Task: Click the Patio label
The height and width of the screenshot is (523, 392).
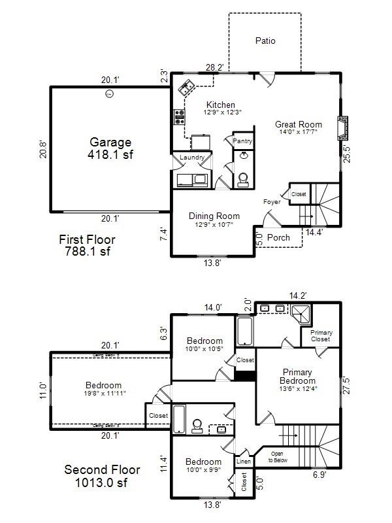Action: (x=265, y=41)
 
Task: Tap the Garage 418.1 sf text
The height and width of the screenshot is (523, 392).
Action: (x=110, y=148)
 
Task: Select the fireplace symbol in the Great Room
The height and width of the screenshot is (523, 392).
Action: (x=343, y=128)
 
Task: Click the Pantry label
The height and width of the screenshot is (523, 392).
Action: (x=242, y=141)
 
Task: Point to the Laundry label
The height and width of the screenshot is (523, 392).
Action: (x=192, y=158)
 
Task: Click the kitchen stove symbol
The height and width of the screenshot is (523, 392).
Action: (x=179, y=117)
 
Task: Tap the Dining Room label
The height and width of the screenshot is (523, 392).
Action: (x=214, y=216)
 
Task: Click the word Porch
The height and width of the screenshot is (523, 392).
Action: (x=279, y=237)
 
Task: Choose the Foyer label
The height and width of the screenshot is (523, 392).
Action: (x=272, y=202)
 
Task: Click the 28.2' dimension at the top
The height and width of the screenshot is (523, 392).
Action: (x=214, y=67)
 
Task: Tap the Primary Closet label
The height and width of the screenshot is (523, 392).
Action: (x=321, y=336)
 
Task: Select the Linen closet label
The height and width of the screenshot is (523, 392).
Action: (x=243, y=462)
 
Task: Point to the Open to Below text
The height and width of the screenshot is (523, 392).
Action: (x=278, y=457)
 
